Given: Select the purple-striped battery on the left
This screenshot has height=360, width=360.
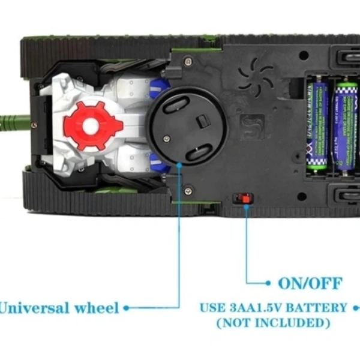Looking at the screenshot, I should (x=316, y=126).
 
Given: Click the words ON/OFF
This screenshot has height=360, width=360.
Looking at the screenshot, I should (x=310, y=283).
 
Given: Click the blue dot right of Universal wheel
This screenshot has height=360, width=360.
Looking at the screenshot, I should (x=127, y=308).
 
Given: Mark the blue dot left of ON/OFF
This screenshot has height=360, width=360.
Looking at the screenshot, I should (x=268, y=282).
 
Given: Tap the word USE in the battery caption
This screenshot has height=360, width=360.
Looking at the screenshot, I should (x=212, y=308).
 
